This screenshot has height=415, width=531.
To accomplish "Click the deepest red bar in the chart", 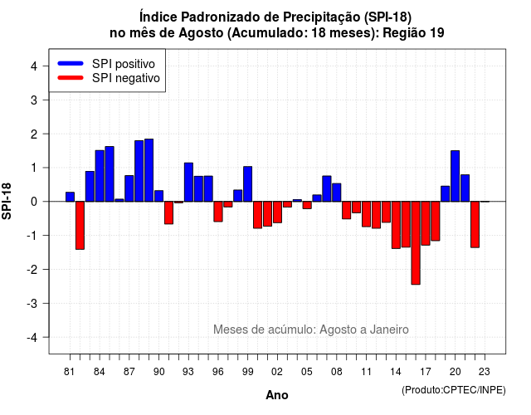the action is tap(416, 243).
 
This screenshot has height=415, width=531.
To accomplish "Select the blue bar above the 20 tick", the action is tap(455, 176).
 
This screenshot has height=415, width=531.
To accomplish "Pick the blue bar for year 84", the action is tap(100, 176).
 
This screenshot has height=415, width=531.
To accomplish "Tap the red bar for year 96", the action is tap(218, 212).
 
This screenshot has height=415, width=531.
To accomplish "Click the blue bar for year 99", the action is tap(247, 184).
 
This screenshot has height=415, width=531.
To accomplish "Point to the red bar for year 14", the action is tap(396, 225).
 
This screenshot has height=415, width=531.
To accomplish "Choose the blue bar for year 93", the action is tap(188, 183).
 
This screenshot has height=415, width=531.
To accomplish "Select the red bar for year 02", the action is tap(277, 212).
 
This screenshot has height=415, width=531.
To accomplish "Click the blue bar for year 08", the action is tap(337, 193).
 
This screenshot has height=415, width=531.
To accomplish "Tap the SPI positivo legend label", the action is tap(124, 64).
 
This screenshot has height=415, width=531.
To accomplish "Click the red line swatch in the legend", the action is tap(71, 77).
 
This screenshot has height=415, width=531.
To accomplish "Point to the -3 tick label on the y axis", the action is tap(32, 303).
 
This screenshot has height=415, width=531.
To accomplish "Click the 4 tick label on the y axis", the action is tap(34, 66).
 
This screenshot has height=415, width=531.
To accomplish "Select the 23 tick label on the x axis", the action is tap(485, 372).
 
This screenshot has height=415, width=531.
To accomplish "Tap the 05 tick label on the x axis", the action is tap(306, 372).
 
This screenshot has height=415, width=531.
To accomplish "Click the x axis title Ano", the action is tap(277, 395).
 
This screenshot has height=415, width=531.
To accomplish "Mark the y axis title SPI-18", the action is tap(7, 201).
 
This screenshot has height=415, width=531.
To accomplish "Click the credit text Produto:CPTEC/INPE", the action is tap(454, 390).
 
